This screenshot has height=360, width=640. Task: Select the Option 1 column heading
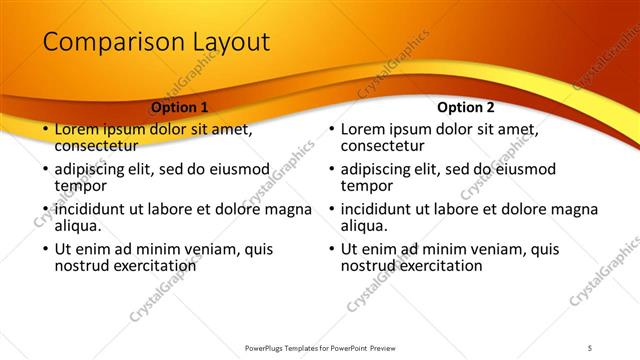click(x=180, y=107)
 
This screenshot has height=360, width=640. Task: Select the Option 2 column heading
click(x=465, y=107)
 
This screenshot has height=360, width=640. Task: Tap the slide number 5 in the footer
click(x=590, y=347)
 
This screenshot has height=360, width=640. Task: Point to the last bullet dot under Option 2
click(x=330, y=249)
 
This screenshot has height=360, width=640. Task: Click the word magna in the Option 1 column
click(x=289, y=209)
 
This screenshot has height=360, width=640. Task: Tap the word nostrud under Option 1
click(x=85, y=266)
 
